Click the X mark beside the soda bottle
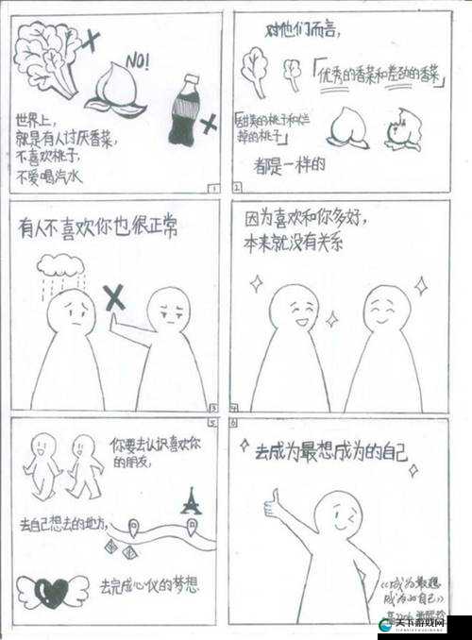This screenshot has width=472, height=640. [209, 121]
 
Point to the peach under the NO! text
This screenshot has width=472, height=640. [114, 96]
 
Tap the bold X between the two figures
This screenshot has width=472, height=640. [114, 299]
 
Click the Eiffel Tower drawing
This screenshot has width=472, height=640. [192, 500]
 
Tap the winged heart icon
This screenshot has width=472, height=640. [53, 592]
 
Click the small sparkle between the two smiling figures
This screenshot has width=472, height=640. [331, 320]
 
